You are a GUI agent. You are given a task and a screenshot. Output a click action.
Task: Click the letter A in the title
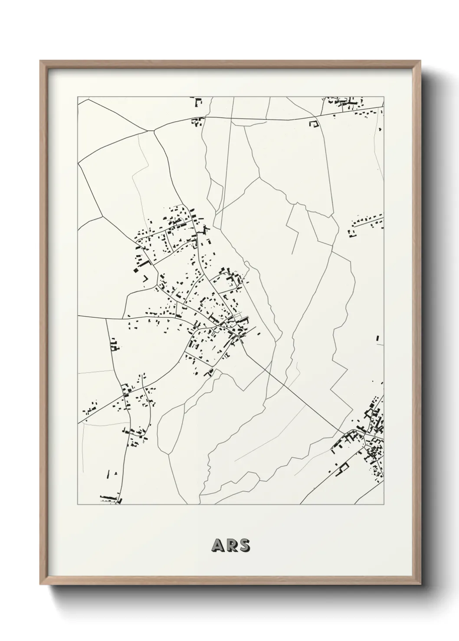217,546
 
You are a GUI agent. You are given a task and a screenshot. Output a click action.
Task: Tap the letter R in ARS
231,546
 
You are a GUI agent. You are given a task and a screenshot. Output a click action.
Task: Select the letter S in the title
244,546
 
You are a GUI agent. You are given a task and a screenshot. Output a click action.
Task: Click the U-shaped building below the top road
313,124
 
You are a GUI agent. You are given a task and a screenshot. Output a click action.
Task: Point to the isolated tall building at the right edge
377,337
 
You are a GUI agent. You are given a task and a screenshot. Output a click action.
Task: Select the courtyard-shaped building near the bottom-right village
344,467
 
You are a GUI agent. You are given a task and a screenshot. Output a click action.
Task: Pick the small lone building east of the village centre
259,333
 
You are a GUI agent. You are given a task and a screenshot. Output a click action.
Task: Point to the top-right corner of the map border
384,97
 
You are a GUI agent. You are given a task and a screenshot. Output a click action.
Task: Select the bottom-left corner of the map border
78,505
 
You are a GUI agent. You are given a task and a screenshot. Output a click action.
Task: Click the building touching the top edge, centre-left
199,103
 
